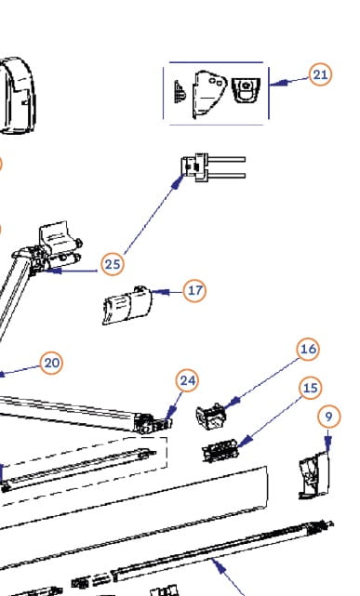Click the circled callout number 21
point(320,74)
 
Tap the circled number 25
point(113,264)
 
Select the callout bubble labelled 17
point(194,290)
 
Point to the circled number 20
point(51,363)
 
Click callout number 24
point(187,380)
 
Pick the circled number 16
point(308,349)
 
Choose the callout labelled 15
point(310,388)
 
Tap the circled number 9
point(328,417)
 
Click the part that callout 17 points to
point(127,306)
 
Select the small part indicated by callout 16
point(211,417)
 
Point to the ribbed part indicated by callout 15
point(220,450)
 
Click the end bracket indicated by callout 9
point(314,475)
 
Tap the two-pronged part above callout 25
point(213,167)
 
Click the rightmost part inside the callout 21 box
point(246,90)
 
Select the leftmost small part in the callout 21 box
point(180,92)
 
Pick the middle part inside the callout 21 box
point(209,94)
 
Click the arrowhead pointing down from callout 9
point(328,443)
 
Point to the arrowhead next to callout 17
point(160,292)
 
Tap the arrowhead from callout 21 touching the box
point(279,82)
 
